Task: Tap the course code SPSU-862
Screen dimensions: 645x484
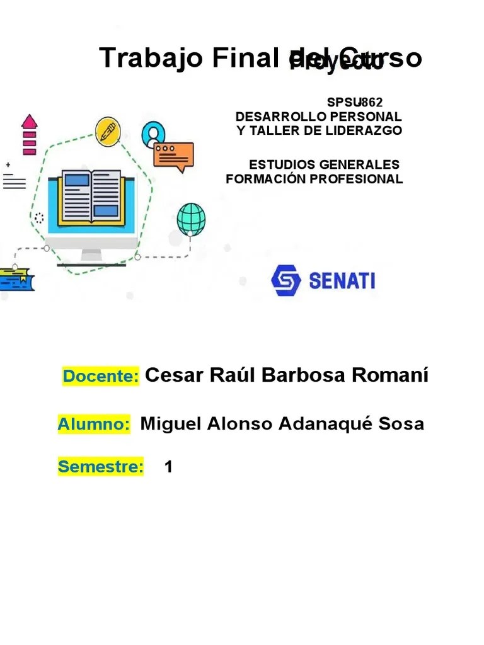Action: point(354,102)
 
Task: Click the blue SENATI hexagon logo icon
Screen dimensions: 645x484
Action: point(286,280)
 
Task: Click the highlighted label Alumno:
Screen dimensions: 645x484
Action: point(94,424)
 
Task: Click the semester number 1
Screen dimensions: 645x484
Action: point(168,467)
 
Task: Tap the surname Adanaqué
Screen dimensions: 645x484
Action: point(318,424)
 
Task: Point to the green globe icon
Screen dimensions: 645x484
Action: point(191,219)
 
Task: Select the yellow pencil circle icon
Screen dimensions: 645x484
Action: point(108,132)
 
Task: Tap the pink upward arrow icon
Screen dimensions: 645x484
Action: point(30,134)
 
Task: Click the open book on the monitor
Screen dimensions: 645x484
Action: point(89,195)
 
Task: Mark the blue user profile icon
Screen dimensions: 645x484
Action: point(153,134)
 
